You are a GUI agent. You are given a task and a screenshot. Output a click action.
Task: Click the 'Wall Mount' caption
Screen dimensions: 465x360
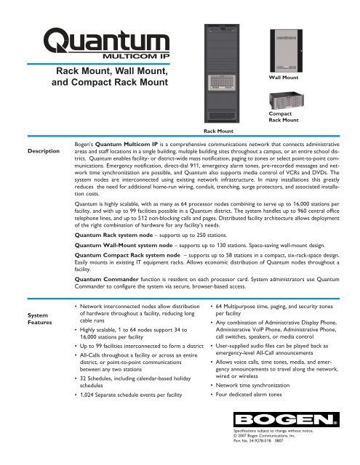tap(284, 75)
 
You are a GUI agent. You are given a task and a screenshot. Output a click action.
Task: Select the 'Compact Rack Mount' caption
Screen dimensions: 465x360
tap(284, 118)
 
